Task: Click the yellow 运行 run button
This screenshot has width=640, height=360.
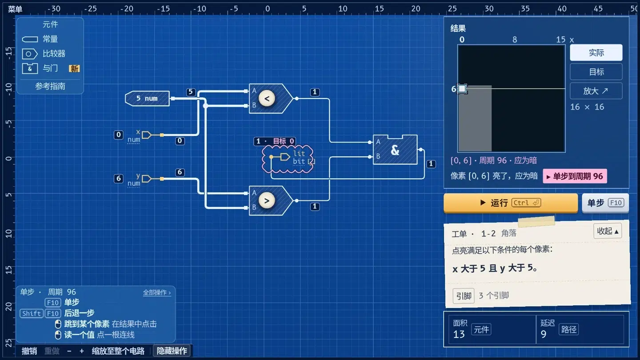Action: (511, 203)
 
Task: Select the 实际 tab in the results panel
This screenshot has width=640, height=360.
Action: (596, 52)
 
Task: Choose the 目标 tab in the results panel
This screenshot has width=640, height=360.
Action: (596, 72)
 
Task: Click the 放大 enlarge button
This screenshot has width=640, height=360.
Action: (596, 91)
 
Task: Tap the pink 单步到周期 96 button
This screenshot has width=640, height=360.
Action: (575, 176)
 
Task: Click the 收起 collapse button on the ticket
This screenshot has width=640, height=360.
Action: (608, 231)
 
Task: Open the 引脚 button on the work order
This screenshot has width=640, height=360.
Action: (464, 296)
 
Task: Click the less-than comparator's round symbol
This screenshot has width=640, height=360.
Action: (267, 99)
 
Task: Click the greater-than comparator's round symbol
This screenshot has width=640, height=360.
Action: (267, 201)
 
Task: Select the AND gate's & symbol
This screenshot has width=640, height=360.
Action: (395, 150)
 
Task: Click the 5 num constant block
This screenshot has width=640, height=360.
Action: (147, 99)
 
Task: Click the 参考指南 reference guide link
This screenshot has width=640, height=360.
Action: (50, 86)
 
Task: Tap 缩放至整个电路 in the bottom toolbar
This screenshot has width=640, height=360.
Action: (118, 351)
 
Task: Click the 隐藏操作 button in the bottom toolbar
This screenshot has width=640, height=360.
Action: (172, 351)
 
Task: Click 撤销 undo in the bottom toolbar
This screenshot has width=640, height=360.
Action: (29, 351)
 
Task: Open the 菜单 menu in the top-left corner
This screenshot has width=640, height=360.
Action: (15, 9)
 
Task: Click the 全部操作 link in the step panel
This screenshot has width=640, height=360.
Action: (157, 292)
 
